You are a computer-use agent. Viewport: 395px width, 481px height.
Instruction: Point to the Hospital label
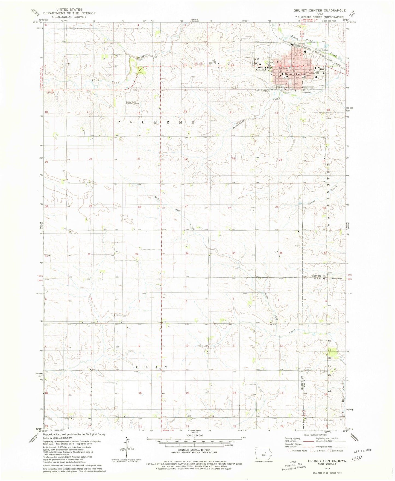[x=312, y=73]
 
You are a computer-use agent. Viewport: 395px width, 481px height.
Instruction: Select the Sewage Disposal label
[x=321, y=50]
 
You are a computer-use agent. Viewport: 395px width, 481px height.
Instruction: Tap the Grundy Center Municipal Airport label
[x=132, y=103]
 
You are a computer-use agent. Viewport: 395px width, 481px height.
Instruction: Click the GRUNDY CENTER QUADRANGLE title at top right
[x=320, y=10]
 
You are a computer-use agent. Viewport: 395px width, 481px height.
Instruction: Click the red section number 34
[x=187, y=253]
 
